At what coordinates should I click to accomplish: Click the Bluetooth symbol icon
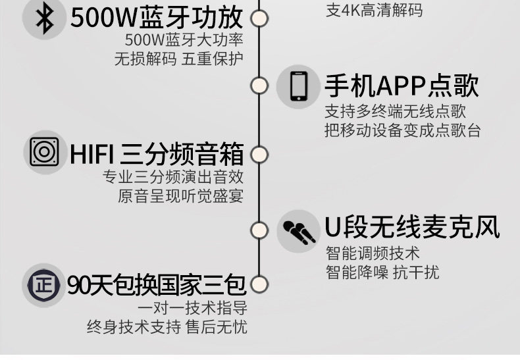pos(45,18)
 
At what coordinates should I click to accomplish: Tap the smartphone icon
pos(298,86)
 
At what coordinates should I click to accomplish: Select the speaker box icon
pos(44,152)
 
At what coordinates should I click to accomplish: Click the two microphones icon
pos(298,232)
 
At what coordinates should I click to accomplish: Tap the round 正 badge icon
pos(44,285)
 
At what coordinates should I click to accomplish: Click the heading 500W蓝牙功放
pos(157,18)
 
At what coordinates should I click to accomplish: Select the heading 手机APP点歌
pos(402,86)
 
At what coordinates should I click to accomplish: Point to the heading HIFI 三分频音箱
pos(157,154)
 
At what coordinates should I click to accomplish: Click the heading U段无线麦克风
pos(412,227)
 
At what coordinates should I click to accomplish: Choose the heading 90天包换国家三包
pos(157,285)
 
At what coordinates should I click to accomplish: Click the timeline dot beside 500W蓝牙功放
pos(259,18)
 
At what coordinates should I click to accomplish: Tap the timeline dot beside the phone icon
pos(259,86)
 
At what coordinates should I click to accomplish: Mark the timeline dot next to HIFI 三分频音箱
pos(259,155)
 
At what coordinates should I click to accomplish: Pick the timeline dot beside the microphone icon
pos(259,230)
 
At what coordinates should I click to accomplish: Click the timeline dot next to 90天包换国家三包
pos(259,284)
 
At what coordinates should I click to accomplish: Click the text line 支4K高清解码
pos(374,10)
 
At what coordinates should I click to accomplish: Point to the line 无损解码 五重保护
pos(179,59)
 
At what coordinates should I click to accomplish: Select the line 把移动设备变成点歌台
pos(403,130)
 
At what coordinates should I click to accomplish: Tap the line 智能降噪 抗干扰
pos(382,272)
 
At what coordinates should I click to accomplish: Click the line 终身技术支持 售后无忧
pos(167,327)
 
